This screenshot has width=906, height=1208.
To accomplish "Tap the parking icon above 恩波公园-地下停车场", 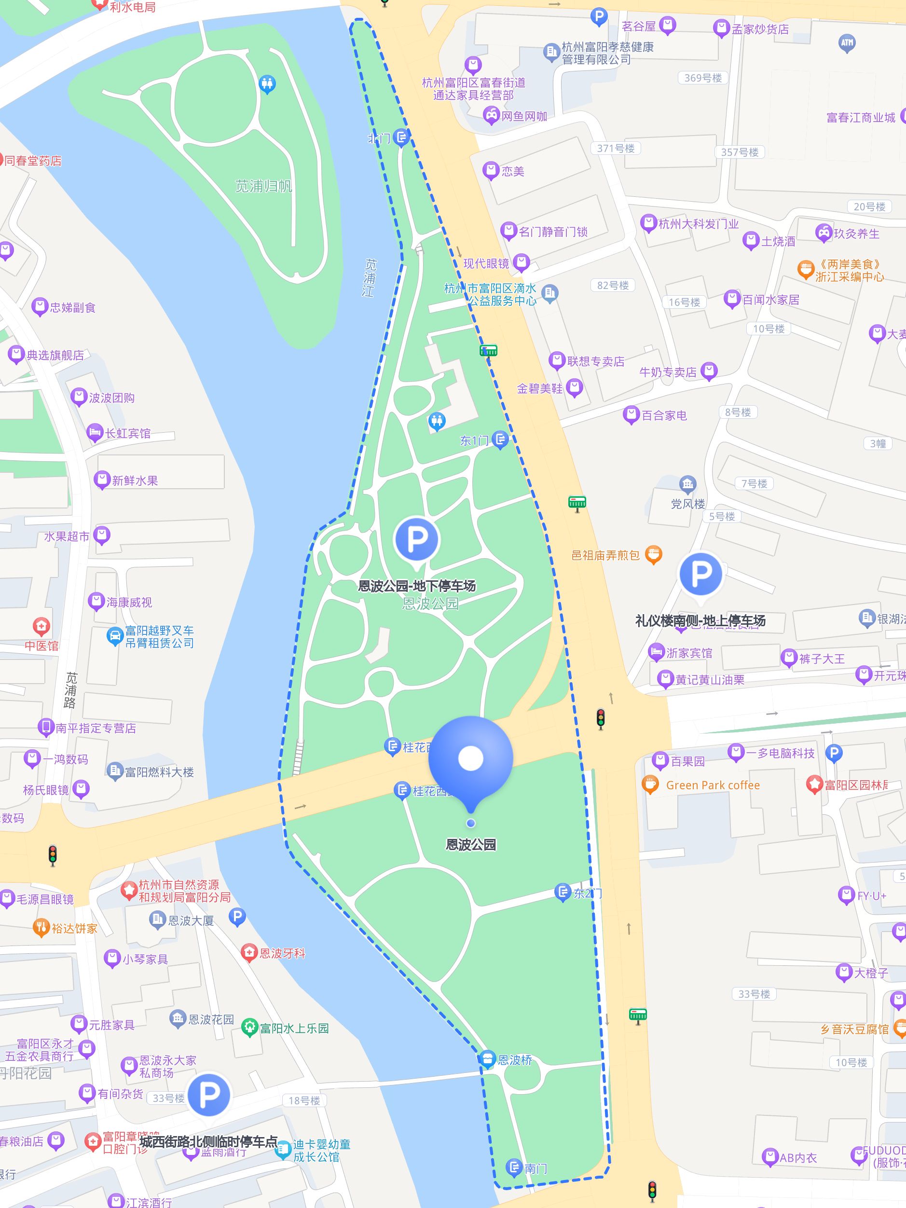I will pos(416,539).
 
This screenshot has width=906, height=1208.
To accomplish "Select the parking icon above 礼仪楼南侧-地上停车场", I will pos(701,574).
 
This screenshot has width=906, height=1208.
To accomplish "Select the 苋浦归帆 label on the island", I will pos(263,186).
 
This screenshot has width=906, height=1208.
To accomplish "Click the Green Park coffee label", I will pos(712,785).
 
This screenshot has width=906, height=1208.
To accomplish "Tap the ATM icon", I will pos(847,42).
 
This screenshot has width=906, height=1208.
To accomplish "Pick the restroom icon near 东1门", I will pos(436,421).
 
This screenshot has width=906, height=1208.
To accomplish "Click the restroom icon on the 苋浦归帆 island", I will pos(266,84).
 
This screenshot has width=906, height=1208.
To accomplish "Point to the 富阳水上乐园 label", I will pos(294,1029).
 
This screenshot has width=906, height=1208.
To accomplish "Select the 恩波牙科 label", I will pos(281,953).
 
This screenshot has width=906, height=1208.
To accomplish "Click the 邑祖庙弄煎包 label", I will pos(605,555).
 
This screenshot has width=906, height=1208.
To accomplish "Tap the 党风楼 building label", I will pos(687,504).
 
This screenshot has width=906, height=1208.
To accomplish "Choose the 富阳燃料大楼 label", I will pos(158,772).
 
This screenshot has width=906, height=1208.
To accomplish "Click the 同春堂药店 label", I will pos(33,161).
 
